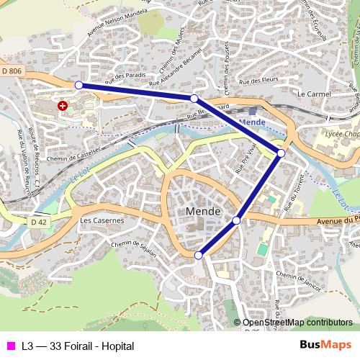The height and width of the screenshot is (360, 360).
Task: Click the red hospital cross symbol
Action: (x=63, y=106)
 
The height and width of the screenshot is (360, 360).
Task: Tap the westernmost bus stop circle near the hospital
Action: (x=78, y=85)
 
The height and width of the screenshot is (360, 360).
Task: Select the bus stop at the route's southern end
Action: (x=199, y=255)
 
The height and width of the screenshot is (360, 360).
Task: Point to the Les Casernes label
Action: (x=102, y=220)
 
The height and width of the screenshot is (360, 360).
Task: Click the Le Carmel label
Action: (x=312, y=94)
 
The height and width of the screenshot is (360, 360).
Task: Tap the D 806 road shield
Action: (x=12, y=70)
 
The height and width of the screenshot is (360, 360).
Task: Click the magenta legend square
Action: (x=10, y=346)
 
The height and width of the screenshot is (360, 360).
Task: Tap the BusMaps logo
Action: (x=325, y=345)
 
